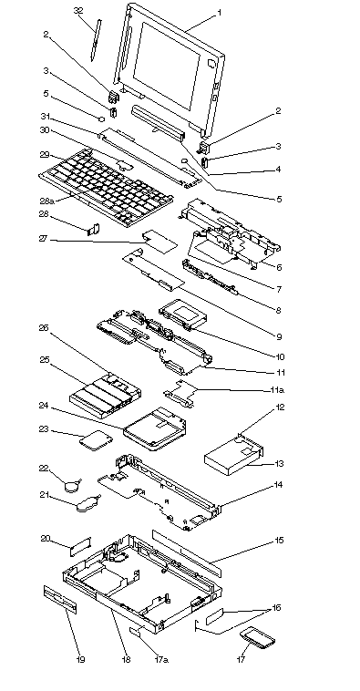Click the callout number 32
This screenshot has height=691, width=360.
point(78,11)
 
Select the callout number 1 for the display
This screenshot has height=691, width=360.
point(219,13)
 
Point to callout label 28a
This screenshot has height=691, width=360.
point(47,201)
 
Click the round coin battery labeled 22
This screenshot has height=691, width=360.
point(71,486)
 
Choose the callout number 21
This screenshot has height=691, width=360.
point(44,495)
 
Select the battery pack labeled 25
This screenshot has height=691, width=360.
point(105,395)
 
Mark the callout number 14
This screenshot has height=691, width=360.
point(278,485)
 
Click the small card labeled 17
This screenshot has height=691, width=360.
point(257,638)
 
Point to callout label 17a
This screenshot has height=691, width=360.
point(161,659)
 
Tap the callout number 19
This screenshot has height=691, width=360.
point(80,659)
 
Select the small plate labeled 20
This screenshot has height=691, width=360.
point(80,546)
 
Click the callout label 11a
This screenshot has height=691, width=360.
point(276,390)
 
